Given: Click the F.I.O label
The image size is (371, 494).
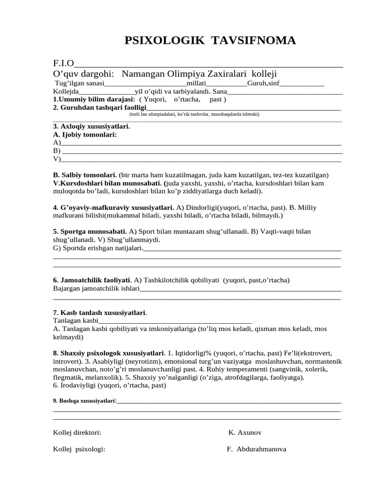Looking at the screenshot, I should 63,64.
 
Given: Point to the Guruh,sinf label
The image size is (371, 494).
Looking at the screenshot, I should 263,83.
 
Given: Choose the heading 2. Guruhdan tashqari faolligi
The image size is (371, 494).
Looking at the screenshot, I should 99,107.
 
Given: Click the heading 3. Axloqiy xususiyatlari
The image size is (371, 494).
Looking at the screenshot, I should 91,126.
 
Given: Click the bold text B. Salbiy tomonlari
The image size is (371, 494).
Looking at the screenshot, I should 85,175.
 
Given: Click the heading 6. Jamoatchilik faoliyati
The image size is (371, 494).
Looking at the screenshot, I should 92,280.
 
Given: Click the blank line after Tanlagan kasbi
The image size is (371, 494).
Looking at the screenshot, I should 175,321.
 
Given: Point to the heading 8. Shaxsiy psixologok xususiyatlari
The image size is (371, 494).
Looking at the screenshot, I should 109,353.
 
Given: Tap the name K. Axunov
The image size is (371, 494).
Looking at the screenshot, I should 245,432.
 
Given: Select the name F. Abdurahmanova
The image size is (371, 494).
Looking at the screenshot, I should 256,449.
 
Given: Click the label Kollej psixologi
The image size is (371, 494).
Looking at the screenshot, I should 79,449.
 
